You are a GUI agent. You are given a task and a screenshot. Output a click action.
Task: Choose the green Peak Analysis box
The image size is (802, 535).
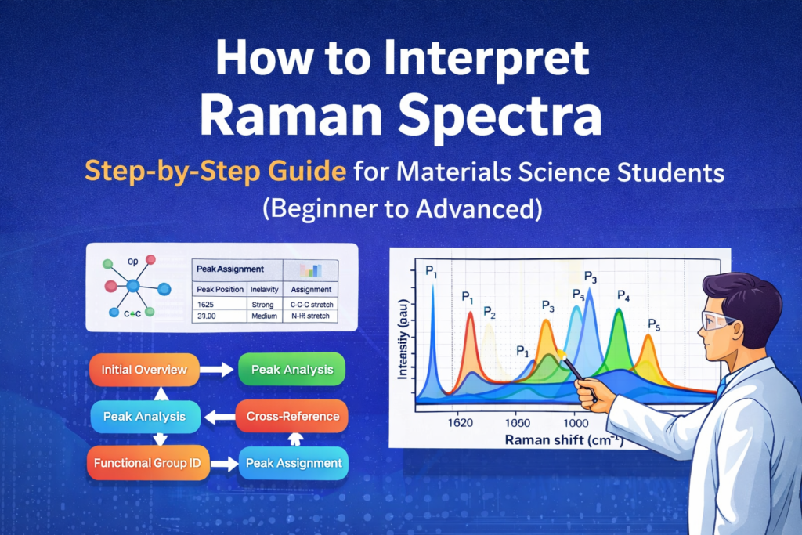291,370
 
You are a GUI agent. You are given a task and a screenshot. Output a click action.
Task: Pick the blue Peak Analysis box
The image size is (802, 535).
144,416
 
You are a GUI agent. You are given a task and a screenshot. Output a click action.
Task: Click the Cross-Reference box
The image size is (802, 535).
291,416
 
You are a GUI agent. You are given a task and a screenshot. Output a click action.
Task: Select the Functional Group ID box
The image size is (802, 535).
147,463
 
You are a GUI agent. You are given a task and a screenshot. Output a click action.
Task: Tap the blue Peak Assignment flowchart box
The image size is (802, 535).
294,463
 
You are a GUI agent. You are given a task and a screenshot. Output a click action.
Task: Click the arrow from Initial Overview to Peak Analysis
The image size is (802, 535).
217,370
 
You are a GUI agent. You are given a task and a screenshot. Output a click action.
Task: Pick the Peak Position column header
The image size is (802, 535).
219,288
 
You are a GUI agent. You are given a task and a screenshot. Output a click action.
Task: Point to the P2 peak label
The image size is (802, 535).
490,313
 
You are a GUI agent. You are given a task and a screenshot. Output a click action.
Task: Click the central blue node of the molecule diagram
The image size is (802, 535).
132,287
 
